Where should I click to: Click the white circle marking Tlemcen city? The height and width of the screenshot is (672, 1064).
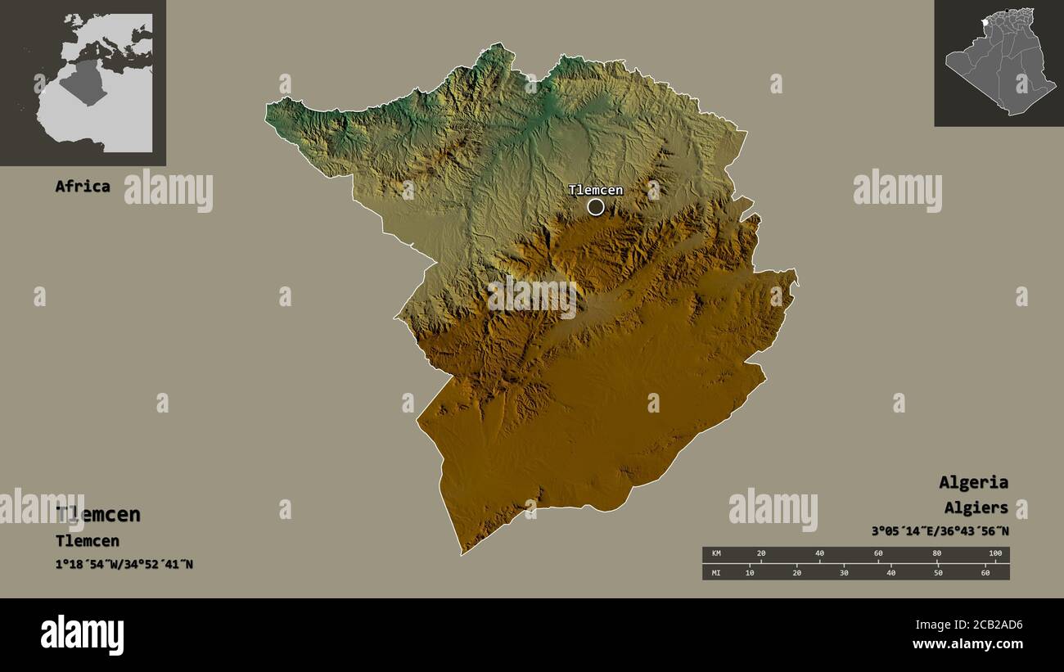pyautogui.click(x=596, y=207)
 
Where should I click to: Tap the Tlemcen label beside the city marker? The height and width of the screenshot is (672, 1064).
pyautogui.click(x=596, y=190)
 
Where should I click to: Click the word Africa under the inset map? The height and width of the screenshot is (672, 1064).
pyautogui.click(x=82, y=186)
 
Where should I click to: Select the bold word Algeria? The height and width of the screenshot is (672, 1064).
pyautogui.click(x=973, y=482)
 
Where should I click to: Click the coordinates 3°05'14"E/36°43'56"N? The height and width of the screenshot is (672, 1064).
pyautogui.click(x=940, y=531)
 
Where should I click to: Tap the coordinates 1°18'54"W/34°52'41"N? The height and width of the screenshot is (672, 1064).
pyautogui.click(x=124, y=564)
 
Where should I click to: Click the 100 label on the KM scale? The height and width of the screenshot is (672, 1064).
pyautogui.click(x=994, y=554)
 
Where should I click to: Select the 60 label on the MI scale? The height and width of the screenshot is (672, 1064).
pyautogui.click(x=985, y=572)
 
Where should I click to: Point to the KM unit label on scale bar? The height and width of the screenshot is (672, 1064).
pyautogui.click(x=715, y=554)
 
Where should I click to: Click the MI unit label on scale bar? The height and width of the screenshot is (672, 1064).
pyautogui.click(x=715, y=572)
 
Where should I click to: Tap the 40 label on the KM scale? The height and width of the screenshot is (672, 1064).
pyautogui.click(x=819, y=554)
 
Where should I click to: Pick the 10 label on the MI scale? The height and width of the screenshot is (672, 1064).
pyautogui.click(x=750, y=572)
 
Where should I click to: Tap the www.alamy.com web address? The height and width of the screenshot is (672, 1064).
pyautogui.click(x=968, y=644)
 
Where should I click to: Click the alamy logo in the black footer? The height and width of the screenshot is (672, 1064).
pyautogui.click(x=82, y=635)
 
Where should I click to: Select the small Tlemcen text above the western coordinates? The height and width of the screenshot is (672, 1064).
pyautogui.click(x=87, y=541)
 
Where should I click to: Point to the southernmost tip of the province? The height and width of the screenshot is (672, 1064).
pyautogui.click(x=462, y=554)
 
